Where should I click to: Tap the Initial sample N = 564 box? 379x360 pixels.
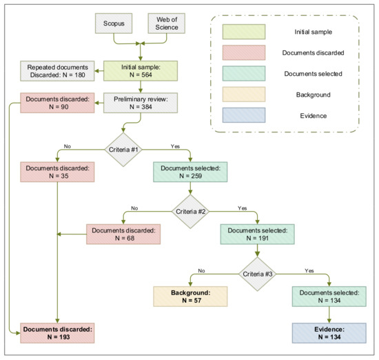click(141, 71)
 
